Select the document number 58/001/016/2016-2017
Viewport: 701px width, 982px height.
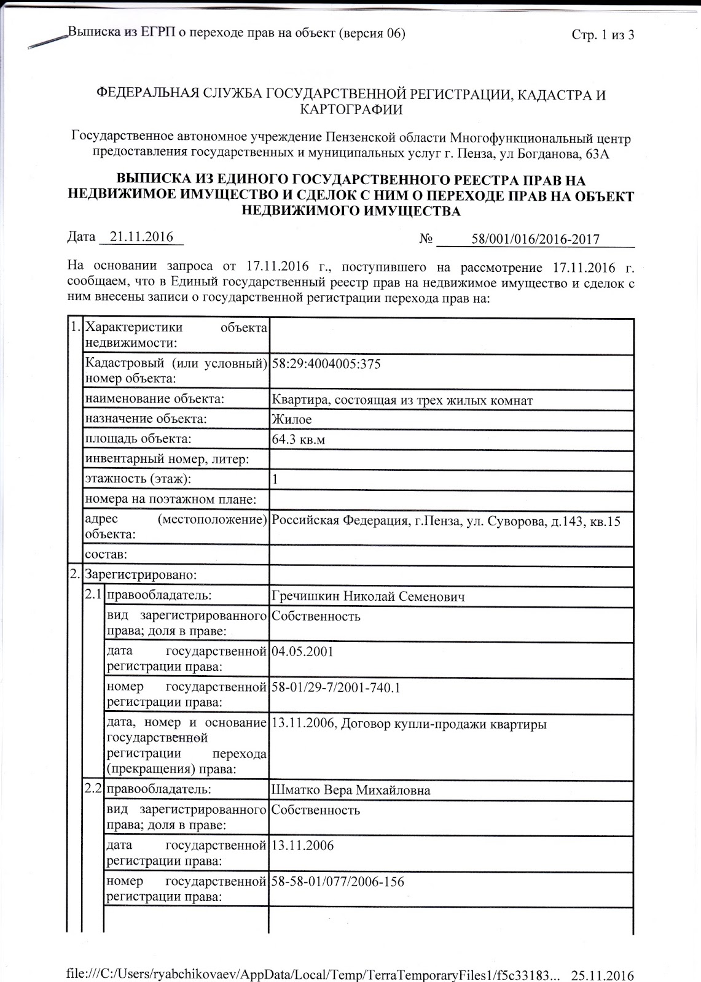pyautogui.click(x=535, y=239)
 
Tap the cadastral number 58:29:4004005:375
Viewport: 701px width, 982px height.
pyautogui.click(x=326, y=364)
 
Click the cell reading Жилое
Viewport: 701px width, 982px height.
pyautogui.click(x=291, y=420)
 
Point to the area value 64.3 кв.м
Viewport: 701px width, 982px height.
pyautogui.click(x=297, y=440)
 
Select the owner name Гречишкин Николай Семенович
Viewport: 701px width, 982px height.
pyautogui.click(x=367, y=597)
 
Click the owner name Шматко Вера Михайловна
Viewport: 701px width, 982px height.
pyautogui.click(x=350, y=791)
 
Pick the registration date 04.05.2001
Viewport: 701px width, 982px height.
pyautogui.click(x=302, y=652)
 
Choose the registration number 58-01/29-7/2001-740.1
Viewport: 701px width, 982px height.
pyautogui.click(x=335, y=687)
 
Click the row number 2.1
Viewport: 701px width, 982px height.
pyautogui.click(x=95, y=595)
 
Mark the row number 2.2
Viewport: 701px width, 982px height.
pyautogui.click(x=95, y=789)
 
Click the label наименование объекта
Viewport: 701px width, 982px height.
pyautogui.click(x=154, y=400)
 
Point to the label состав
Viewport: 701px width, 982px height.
pyautogui.click(x=106, y=555)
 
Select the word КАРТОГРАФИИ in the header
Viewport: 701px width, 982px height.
pyautogui.click(x=351, y=110)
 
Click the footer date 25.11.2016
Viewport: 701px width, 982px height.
pyautogui.click(x=602, y=974)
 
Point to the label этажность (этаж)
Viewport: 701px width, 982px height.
pyautogui.click(x=138, y=479)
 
